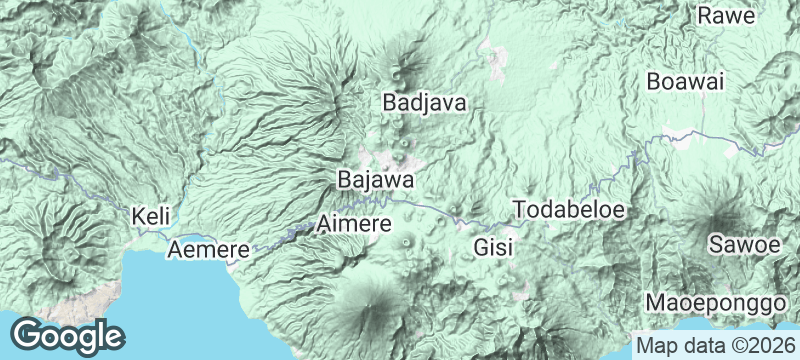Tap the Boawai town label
coord(685,82)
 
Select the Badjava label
coord(425,102)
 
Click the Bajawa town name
coord(376,180)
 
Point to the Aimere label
coord(353,224)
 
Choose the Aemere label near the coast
coord(208,249)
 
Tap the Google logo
coord(68,335)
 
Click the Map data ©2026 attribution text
coord(716,346)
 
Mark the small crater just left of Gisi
coord(406,241)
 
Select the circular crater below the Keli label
coord(80,245)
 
